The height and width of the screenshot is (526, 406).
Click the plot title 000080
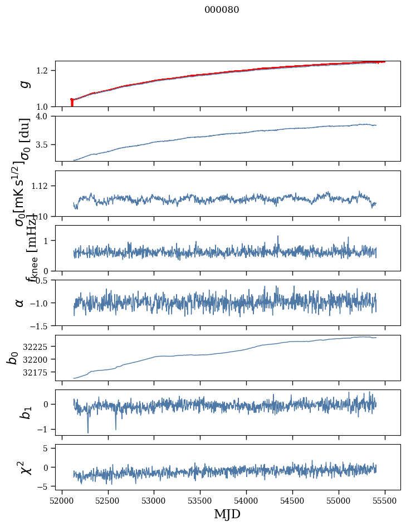click(x=222, y=10)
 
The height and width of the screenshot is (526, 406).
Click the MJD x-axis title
click(x=227, y=514)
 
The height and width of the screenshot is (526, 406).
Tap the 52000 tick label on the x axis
click(x=62, y=500)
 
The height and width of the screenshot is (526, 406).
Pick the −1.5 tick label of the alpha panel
click(x=40, y=325)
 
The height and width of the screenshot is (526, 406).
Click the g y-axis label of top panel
click(x=23, y=84)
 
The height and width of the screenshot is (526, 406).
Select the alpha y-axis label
click(x=20, y=302)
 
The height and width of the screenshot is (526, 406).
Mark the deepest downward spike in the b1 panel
click(x=88, y=432)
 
